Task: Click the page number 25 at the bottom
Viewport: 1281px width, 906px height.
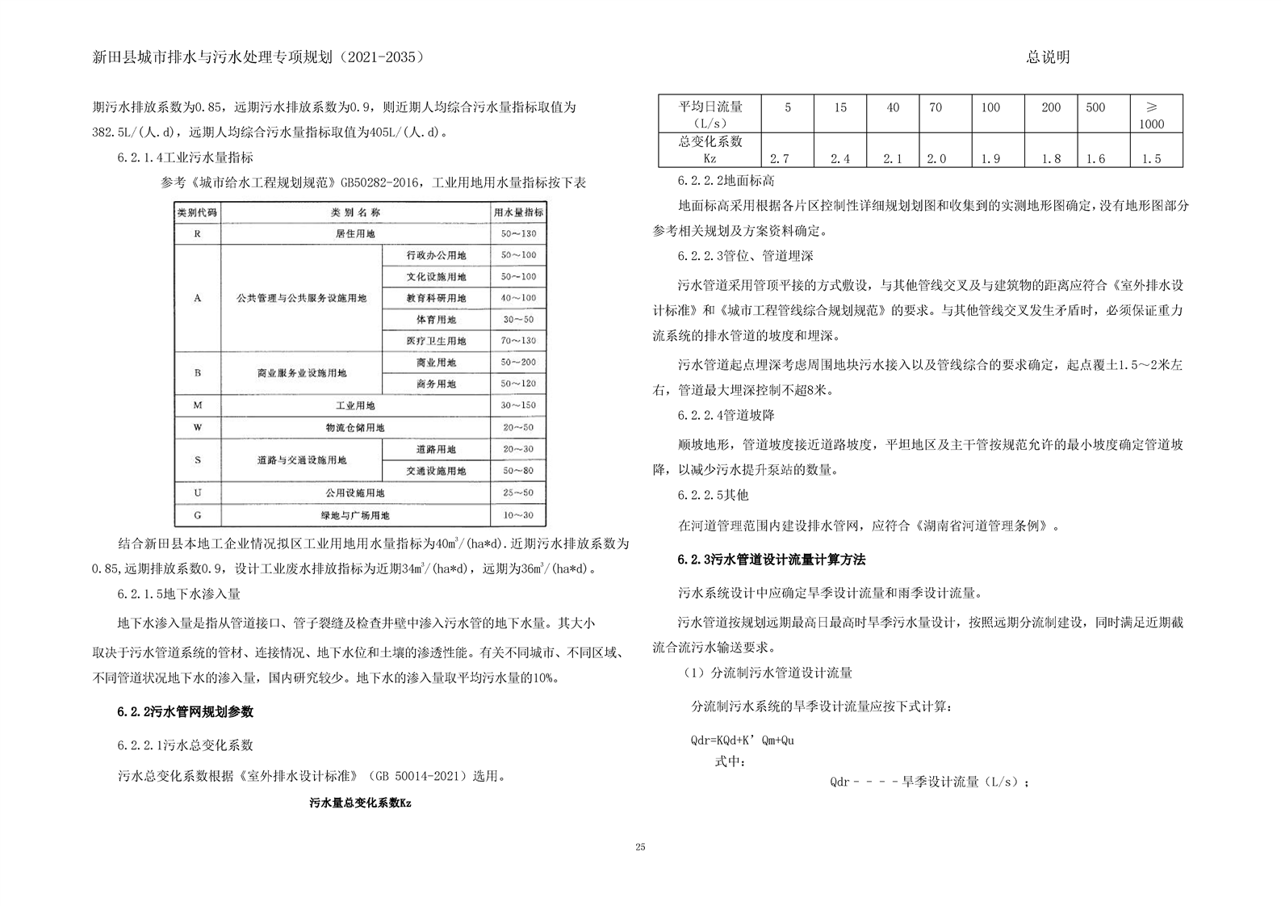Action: (640, 847)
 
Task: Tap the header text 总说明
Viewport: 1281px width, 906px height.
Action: (1048, 57)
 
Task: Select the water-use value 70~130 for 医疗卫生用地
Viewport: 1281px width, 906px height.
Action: (518, 342)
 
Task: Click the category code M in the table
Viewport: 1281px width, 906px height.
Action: (198, 405)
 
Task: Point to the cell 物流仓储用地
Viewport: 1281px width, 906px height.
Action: (355, 427)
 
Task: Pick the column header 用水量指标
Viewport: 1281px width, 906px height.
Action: (518, 212)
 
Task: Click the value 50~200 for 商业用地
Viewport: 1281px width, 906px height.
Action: (518, 363)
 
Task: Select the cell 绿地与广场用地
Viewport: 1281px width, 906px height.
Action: (355, 515)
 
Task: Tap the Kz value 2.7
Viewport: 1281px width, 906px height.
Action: (780, 158)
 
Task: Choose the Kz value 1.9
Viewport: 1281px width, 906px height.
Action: (990, 158)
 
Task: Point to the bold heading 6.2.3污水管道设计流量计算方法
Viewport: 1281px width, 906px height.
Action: (770, 560)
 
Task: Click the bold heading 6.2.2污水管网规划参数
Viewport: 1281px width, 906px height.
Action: (185, 712)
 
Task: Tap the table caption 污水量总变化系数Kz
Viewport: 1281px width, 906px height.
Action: (360, 803)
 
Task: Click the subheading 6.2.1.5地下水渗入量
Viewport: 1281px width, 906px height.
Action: (178, 594)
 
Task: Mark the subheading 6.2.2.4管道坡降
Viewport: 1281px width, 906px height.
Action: (726, 415)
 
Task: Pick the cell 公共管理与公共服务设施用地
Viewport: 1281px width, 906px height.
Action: (301, 298)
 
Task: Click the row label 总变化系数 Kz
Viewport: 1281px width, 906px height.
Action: (710, 149)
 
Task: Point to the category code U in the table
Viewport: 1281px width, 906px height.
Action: (198, 493)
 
